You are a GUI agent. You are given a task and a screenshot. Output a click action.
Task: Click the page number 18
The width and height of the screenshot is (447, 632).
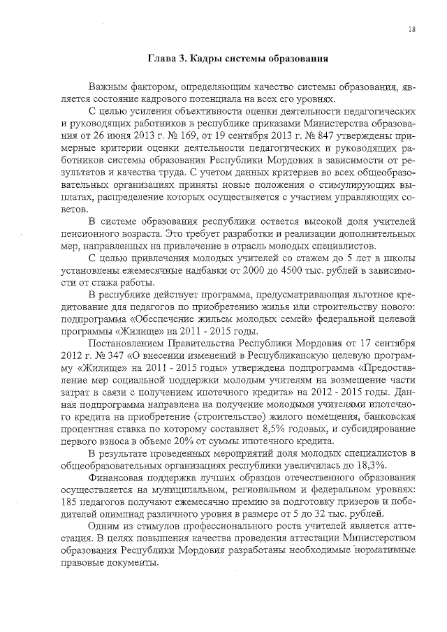tap(413, 29)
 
